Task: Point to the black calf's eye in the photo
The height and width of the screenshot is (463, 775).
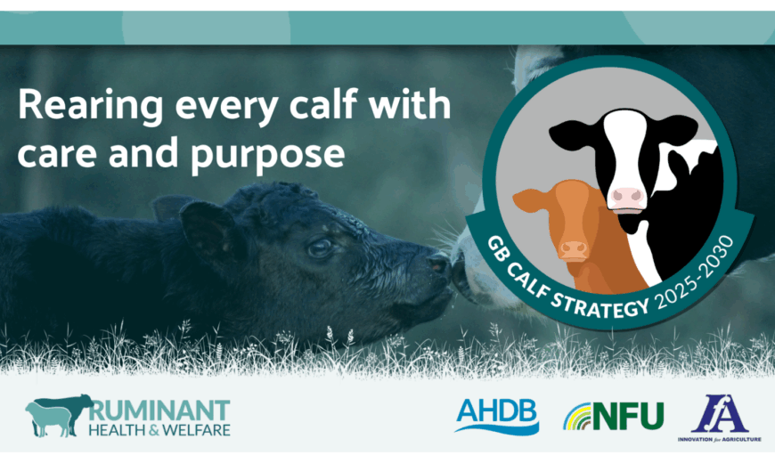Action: pyautogui.click(x=320, y=247)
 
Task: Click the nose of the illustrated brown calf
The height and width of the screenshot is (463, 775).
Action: pyautogui.click(x=574, y=250)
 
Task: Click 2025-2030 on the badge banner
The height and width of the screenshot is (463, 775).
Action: pyautogui.click(x=696, y=273)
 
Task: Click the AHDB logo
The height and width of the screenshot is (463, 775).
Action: pyautogui.click(x=497, y=417)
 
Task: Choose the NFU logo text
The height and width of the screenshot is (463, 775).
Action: pyautogui.click(x=628, y=416)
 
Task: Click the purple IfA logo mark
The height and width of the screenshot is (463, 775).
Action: pyautogui.click(x=720, y=413)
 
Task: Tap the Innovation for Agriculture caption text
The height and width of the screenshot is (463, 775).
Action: pyautogui.click(x=719, y=439)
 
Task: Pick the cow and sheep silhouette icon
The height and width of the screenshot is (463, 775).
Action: pyautogui.click(x=59, y=416)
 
